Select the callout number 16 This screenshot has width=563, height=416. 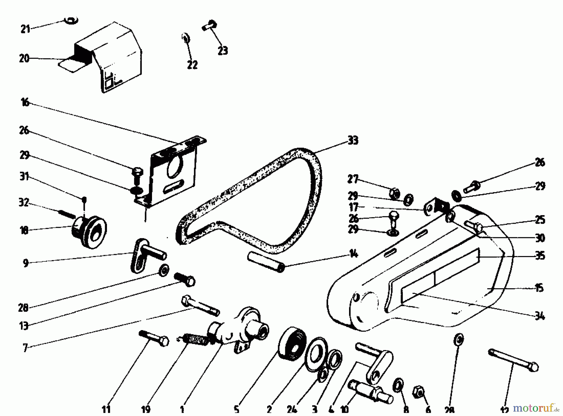click(25, 102)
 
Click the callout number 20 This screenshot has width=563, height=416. click(24, 58)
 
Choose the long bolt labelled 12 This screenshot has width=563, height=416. click(513, 360)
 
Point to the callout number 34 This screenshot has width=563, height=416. click(540, 316)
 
